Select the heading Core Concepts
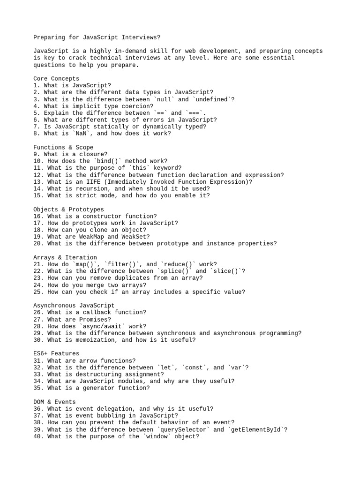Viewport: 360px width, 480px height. pos(56,78)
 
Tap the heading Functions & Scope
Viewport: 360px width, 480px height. pos(63,147)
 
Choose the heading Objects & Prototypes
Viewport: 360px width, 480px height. pos(68,209)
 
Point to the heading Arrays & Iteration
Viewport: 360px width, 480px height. pos(65,257)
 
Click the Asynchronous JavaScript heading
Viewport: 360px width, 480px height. pos(74,305)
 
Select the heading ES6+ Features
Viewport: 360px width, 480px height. pos(56,353)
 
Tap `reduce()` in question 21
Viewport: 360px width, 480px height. pos(180,264)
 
